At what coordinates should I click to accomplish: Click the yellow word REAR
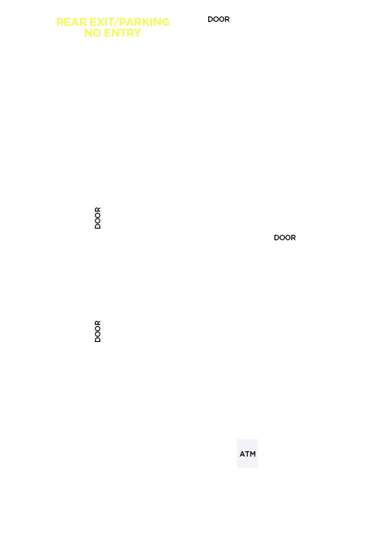tap(72, 22)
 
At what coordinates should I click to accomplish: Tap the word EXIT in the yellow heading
tap(102, 22)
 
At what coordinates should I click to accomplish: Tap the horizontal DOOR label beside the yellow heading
tap(218, 19)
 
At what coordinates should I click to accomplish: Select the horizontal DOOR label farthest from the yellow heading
tap(285, 238)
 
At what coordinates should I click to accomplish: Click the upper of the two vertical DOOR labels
tap(98, 218)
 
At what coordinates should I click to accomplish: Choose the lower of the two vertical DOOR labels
tap(98, 331)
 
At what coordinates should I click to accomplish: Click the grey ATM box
tap(247, 453)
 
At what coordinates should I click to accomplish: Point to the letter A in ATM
tap(242, 454)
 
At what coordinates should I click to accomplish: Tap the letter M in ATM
tap(253, 454)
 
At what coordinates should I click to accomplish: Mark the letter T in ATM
tap(247, 454)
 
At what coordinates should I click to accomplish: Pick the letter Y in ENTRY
tap(137, 33)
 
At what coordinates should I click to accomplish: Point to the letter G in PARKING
tap(165, 22)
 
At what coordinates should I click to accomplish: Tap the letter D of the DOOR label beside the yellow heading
tap(210, 19)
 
